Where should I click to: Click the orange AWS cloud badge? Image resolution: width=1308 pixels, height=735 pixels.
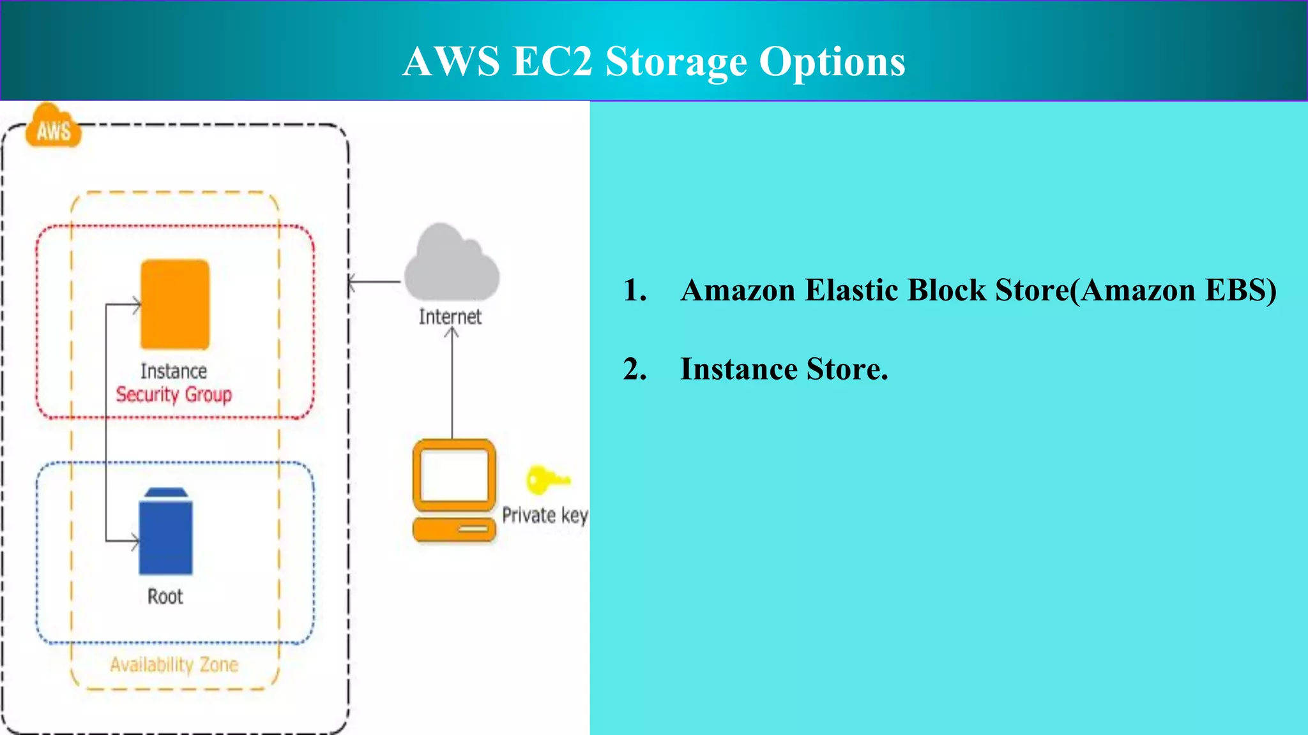[54, 128]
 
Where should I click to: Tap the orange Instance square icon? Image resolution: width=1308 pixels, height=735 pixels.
[175, 304]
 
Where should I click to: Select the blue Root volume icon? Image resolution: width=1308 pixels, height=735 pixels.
[166, 533]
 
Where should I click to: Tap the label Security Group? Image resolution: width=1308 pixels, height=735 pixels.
[174, 395]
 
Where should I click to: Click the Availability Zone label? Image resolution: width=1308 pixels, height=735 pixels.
[174, 665]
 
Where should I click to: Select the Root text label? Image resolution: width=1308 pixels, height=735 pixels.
[165, 597]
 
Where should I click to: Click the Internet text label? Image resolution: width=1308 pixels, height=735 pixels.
[450, 316]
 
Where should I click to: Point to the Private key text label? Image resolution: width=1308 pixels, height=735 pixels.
[545, 515]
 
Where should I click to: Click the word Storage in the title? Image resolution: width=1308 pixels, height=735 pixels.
[676, 62]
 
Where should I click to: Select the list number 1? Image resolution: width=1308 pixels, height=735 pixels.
[634, 290]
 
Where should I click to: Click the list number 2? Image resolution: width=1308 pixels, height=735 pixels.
[634, 369]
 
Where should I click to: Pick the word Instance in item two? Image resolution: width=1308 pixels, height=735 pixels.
[738, 369]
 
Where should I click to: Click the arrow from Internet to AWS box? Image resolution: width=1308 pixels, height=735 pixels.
[375, 281]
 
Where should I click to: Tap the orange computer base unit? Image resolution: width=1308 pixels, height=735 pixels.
[454, 530]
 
